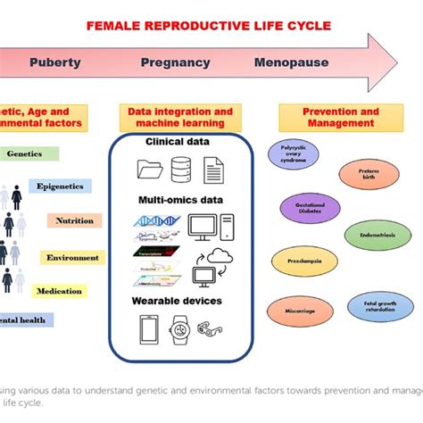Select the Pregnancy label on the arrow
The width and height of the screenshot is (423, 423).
(x=175, y=63)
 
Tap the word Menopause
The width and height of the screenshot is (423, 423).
(x=290, y=63)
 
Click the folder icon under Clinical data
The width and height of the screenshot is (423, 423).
(x=148, y=169)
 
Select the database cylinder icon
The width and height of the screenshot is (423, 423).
(x=180, y=169)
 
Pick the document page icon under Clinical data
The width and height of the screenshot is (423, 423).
(x=212, y=169)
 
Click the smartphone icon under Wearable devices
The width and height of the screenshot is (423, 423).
(x=148, y=330)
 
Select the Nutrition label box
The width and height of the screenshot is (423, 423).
(x=72, y=220)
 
